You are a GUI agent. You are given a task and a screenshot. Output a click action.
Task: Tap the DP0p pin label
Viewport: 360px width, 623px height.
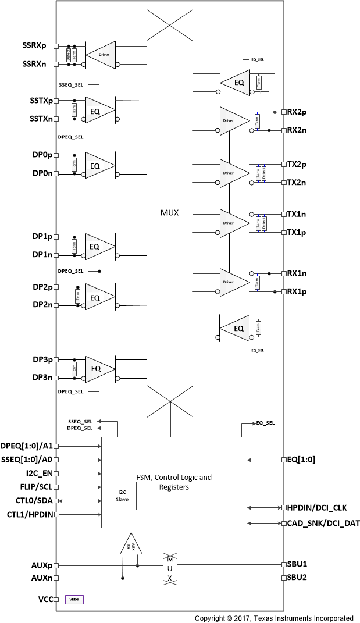pyautogui.click(x=42, y=156)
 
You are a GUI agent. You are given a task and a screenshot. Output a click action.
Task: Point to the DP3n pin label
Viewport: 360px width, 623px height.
pyautogui.click(x=42, y=378)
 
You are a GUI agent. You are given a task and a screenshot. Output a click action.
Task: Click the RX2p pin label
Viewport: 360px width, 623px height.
pyautogui.click(x=297, y=112)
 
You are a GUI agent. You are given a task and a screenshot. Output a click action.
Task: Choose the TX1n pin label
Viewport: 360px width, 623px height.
pyautogui.click(x=297, y=214)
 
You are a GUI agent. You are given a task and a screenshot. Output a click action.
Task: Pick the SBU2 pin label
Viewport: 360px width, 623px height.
pyautogui.click(x=298, y=578)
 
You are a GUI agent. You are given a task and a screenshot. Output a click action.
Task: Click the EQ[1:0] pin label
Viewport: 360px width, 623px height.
pyautogui.click(x=301, y=460)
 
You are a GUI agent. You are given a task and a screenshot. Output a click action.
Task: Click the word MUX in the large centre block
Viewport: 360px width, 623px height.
pyautogui.click(x=169, y=213)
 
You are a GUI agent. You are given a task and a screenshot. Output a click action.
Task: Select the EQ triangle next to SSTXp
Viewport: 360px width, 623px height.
pyautogui.click(x=97, y=110)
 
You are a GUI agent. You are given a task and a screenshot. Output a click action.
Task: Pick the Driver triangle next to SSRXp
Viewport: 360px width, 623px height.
pyautogui.click(x=103, y=54)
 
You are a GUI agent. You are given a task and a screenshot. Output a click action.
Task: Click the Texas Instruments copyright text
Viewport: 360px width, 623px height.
pyautogui.click(x=273, y=618)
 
